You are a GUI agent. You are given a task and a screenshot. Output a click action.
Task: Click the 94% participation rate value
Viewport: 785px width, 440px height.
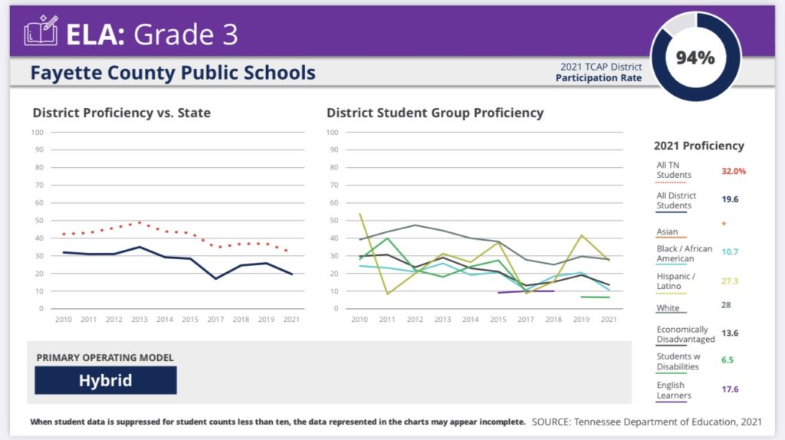click(695, 57)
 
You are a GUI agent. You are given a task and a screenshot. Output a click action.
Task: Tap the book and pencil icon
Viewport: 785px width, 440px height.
click(41, 33)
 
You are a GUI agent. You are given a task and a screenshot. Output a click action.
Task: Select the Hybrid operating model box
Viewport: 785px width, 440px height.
click(106, 380)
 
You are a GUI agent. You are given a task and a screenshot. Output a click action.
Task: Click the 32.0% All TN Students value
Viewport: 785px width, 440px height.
click(733, 171)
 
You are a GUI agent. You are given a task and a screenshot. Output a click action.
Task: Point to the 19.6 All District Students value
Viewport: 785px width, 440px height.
click(728, 199)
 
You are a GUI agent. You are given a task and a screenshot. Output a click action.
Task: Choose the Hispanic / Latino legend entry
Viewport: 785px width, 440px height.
click(675, 281)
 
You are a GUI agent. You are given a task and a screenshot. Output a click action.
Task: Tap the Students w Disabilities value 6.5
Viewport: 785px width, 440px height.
click(728, 360)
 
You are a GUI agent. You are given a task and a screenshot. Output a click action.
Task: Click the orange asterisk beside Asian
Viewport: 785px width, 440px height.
click(723, 225)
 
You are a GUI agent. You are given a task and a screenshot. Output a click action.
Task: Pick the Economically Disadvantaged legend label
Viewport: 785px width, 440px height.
click(685, 335)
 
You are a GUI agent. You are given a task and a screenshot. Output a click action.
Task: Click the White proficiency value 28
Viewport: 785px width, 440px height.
click(725, 305)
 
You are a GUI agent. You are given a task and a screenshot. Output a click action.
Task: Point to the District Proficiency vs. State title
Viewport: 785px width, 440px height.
click(121, 113)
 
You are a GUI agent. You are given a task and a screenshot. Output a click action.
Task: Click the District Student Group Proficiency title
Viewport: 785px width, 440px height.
click(435, 113)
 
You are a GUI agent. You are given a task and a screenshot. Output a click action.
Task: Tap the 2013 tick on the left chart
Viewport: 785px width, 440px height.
click(139, 319)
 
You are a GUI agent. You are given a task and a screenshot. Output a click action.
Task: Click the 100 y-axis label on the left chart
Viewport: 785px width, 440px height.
click(38, 132)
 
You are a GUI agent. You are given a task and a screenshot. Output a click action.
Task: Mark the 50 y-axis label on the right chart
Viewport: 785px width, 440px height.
click(333, 220)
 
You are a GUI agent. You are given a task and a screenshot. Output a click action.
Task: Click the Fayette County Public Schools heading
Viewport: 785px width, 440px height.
click(172, 73)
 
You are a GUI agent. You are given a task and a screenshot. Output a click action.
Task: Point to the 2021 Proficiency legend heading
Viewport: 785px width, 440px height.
click(698, 146)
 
